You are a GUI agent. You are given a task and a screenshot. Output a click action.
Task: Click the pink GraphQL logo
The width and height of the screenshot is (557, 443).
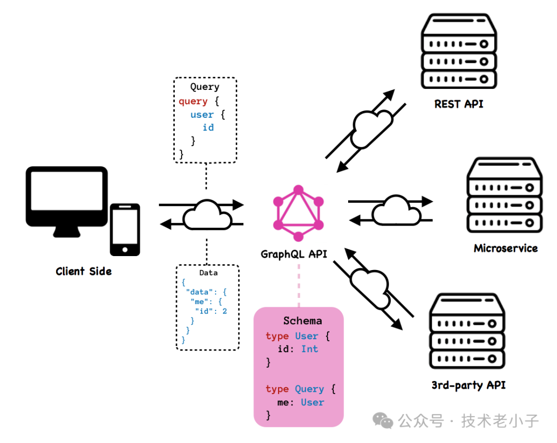point(298,214)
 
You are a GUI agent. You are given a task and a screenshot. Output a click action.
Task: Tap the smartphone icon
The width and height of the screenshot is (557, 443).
point(125,229)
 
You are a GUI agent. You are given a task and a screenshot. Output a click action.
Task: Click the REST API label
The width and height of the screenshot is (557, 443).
point(459,104)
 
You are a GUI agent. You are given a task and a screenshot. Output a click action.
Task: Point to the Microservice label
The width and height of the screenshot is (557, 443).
point(505,248)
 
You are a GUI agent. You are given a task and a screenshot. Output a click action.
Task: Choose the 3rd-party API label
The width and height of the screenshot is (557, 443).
point(468,385)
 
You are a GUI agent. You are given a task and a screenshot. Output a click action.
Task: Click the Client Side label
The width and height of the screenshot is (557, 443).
point(84,271)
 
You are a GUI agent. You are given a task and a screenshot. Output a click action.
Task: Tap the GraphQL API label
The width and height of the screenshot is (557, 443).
point(294,254)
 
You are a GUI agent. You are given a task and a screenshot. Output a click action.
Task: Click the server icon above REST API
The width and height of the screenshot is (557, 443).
point(458,51)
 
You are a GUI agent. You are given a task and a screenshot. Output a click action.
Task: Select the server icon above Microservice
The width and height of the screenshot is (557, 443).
point(504,195)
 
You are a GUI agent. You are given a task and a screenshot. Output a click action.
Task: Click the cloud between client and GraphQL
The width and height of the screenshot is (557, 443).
point(207,214)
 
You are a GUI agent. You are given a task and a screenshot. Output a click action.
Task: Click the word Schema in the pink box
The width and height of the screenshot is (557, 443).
point(302,321)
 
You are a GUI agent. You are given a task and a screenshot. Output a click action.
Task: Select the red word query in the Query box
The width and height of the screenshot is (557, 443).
point(193,101)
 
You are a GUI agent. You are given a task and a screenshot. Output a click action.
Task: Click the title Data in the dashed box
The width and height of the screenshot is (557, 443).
point(208,273)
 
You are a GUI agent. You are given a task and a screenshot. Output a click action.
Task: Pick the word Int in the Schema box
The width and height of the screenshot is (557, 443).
point(309,349)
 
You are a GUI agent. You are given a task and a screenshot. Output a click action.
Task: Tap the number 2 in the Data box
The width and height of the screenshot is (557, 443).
point(224,311)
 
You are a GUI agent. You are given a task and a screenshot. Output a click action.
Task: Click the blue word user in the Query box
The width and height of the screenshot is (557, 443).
point(202,114)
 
